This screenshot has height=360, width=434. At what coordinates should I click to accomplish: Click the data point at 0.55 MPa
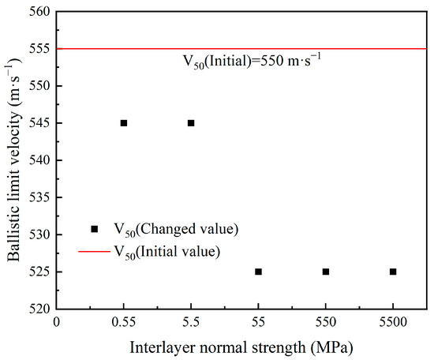coord(124,123)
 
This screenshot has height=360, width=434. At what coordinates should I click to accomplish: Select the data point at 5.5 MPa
coord(191,123)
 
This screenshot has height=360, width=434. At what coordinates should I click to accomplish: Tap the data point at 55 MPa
coord(258,272)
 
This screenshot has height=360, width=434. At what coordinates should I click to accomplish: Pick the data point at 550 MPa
coord(325,272)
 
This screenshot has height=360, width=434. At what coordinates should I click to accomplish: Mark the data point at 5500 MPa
coord(393,272)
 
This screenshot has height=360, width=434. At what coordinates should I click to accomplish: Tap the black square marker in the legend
coord(95,229)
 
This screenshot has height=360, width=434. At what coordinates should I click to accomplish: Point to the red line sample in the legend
coord(95,252)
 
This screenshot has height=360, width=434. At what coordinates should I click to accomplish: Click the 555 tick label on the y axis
coord(39,49)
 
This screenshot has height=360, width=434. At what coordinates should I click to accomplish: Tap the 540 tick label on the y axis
coord(39,160)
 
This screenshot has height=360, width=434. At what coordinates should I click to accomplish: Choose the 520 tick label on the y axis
coord(39,309)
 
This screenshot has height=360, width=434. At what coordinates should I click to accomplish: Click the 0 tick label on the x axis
coord(57,323)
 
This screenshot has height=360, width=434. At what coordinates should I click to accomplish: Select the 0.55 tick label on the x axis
coord(124,323)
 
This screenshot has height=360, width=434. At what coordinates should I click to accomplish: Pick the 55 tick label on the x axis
coord(258,323)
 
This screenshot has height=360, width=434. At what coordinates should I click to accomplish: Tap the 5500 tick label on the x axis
coord(393,323)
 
